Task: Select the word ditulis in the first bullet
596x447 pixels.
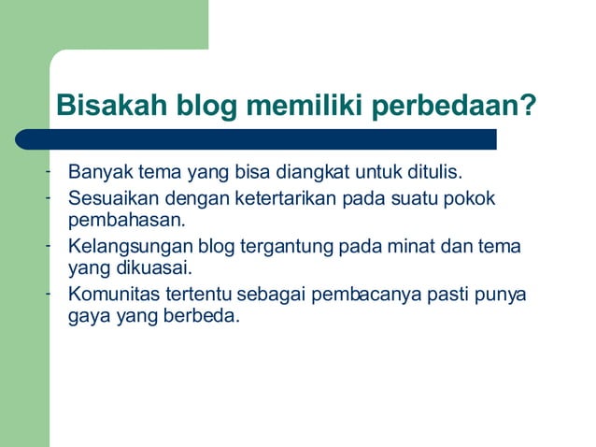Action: pyautogui.click(x=435, y=173)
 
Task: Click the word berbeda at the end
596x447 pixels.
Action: pyautogui.click(x=205, y=316)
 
